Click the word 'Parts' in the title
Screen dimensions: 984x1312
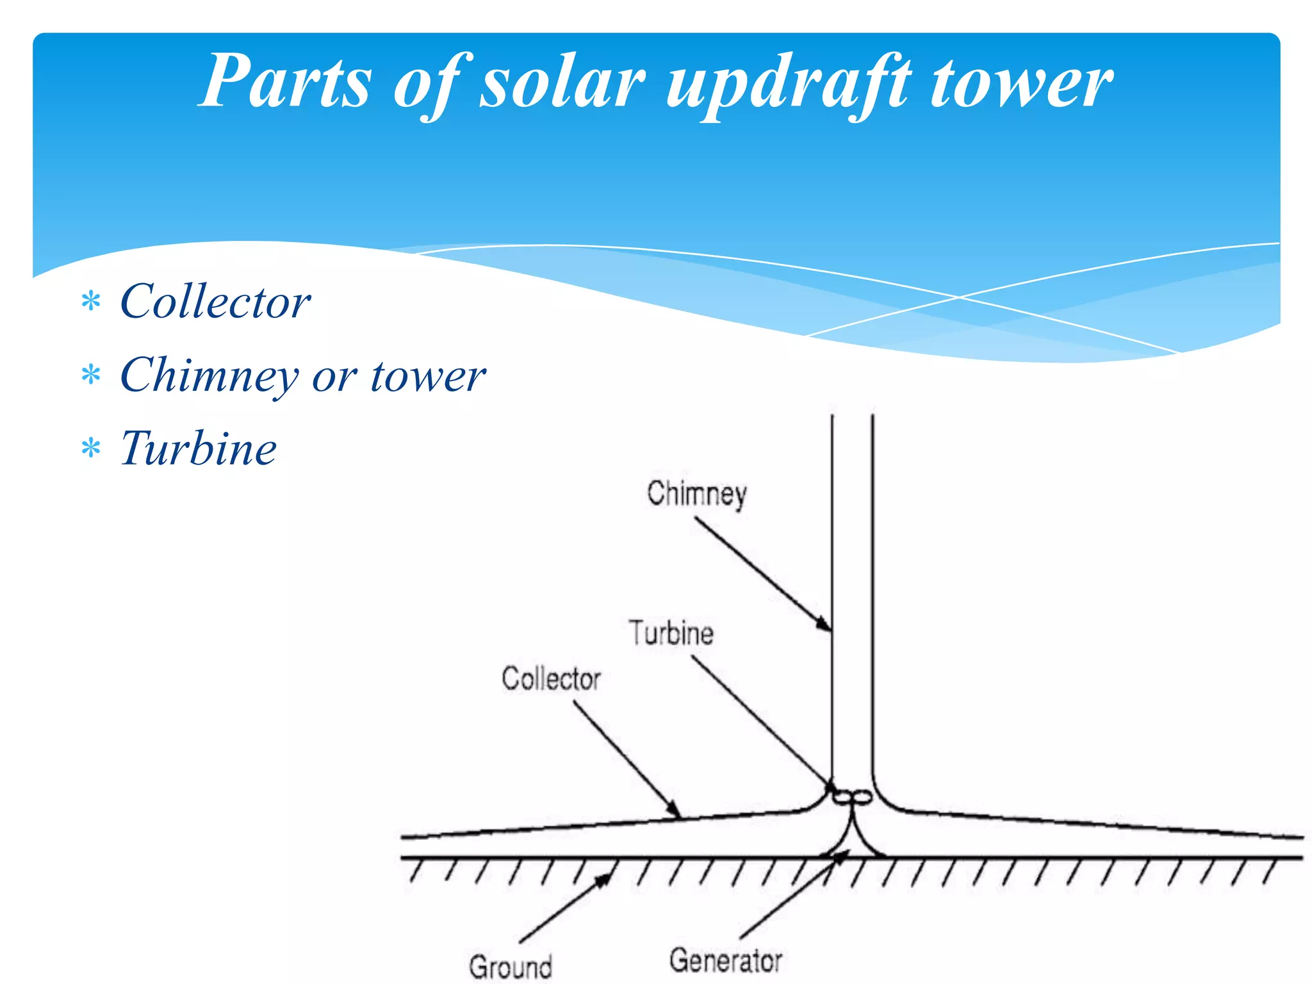(286, 82)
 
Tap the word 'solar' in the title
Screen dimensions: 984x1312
(562, 82)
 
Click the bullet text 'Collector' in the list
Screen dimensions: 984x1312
(215, 301)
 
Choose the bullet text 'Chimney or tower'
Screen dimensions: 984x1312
(302, 375)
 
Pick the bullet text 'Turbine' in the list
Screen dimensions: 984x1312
(199, 448)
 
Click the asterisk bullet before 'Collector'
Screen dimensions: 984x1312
(92, 301)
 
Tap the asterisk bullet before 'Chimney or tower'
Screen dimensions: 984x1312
(92, 375)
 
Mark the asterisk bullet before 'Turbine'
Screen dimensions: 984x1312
(92, 448)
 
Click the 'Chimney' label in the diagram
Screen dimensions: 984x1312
(697, 494)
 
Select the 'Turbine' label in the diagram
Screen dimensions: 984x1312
(671, 633)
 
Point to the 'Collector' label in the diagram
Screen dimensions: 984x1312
(551, 679)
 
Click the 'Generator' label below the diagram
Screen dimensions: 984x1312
(726, 961)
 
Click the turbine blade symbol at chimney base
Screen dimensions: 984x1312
(852, 798)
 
